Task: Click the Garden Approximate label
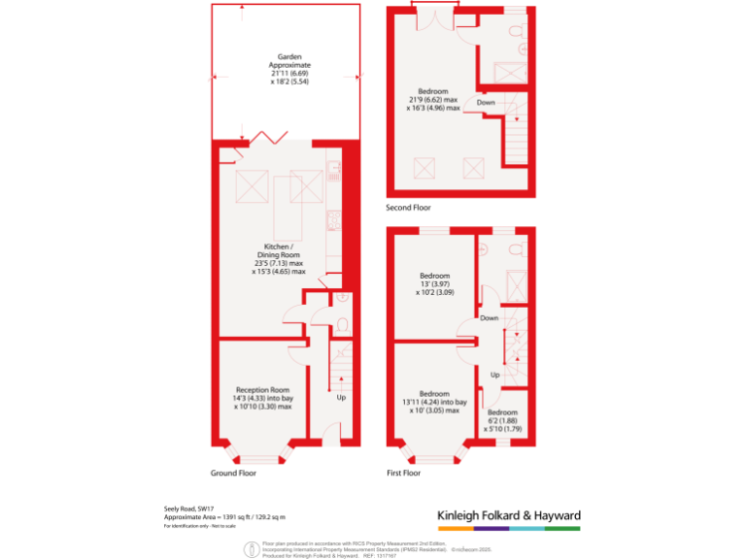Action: point(287,69)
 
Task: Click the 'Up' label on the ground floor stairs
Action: point(341,398)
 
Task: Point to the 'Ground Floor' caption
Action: point(233,474)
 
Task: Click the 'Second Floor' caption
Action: point(409,208)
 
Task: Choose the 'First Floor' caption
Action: point(404,474)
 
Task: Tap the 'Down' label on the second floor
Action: point(487,102)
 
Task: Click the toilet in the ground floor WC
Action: point(343,324)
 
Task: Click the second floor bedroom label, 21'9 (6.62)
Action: point(432,101)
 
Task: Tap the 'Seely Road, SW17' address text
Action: point(188,509)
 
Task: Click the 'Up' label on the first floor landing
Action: point(494,374)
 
